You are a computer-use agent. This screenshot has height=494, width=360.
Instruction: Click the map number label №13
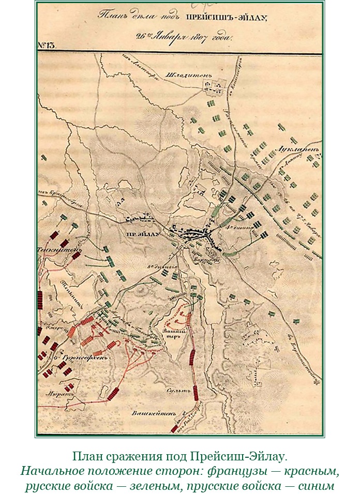click(x=47, y=45)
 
